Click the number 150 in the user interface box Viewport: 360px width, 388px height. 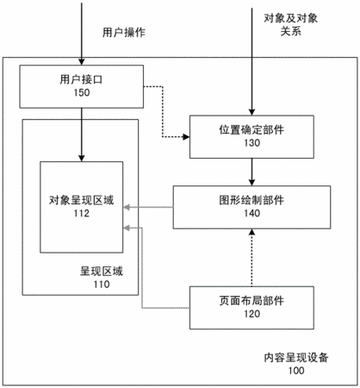click(x=82, y=92)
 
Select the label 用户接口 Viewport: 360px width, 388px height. click(x=82, y=79)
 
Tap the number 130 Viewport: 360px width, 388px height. click(x=251, y=143)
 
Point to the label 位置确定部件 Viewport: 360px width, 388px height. click(x=251, y=129)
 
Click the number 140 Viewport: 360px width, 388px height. click(x=251, y=213)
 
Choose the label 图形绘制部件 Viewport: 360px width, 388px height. click(x=251, y=200)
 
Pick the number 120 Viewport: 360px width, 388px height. click(x=251, y=314)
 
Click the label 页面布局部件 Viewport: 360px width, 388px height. click(x=251, y=301)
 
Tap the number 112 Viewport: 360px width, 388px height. click(x=82, y=213)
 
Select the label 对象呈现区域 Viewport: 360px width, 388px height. click(x=82, y=200)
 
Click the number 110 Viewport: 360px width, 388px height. click(x=102, y=285)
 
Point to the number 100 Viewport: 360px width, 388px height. click(x=296, y=371)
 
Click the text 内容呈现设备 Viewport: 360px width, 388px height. click(x=296, y=358)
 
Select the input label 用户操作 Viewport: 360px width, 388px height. click(x=124, y=32)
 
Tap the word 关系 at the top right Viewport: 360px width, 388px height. click(x=290, y=31)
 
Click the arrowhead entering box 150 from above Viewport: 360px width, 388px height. click(x=82, y=62)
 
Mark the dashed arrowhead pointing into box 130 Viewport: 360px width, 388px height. click(x=186, y=137)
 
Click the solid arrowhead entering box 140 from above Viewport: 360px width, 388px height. click(x=251, y=183)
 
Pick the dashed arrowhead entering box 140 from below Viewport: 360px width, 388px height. click(x=251, y=232)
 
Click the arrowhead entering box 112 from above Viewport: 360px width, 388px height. click(x=82, y=158)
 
